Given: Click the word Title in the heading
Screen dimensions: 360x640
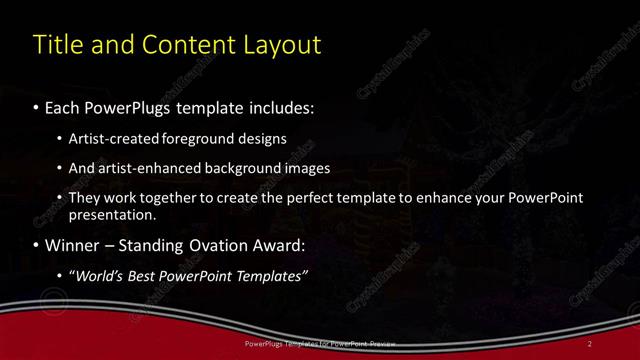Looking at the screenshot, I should [x=56, y=45].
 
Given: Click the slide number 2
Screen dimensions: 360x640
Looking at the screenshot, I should [x=590, y=344].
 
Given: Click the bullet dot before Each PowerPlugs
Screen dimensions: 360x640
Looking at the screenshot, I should [x=37, y=106].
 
